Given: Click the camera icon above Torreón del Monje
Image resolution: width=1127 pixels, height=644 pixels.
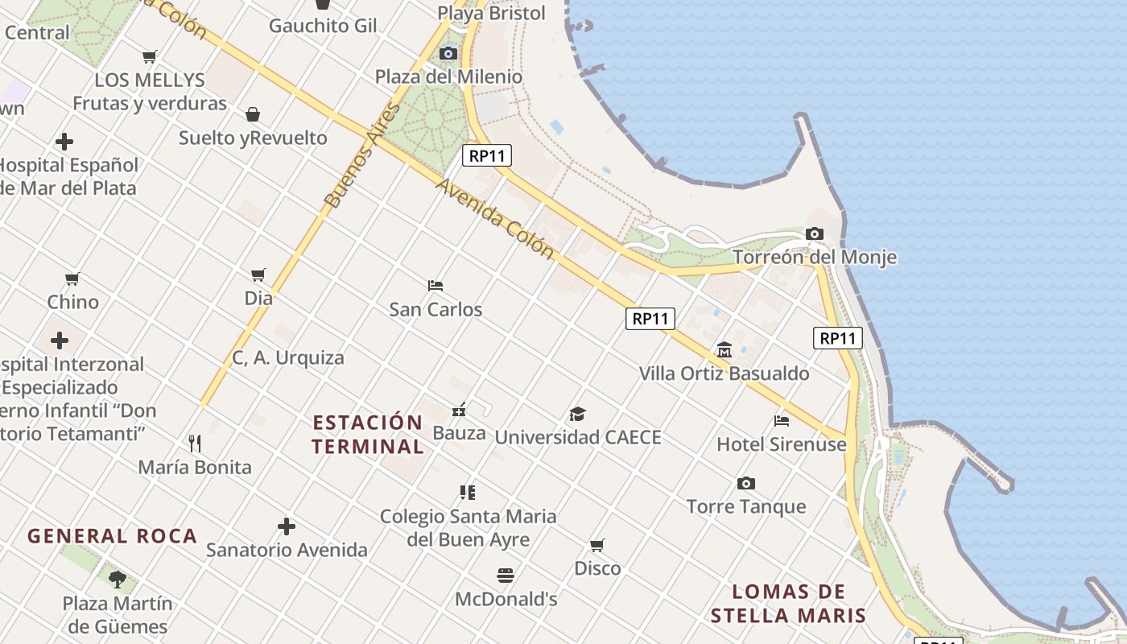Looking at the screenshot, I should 815,234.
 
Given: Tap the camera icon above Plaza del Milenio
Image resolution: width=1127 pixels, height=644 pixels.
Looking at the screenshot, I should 448,54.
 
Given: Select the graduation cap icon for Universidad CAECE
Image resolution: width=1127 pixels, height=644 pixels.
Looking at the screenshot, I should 577,415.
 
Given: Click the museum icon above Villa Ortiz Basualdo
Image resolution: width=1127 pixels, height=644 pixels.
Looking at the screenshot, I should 724,350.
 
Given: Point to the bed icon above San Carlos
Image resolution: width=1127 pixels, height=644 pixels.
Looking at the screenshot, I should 436,286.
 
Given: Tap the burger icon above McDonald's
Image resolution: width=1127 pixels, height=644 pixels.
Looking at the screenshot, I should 506,576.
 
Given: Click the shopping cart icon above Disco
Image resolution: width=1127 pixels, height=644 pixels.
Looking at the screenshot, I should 597,546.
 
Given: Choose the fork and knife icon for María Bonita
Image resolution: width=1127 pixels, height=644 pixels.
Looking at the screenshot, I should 194,444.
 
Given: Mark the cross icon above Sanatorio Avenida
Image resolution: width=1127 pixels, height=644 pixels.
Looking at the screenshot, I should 287,527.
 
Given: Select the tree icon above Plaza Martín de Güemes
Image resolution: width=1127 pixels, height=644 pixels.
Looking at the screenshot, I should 118,579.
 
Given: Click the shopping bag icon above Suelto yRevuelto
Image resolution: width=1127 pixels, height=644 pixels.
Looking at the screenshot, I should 253,114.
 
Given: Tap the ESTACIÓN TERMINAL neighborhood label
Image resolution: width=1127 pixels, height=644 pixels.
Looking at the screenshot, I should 368,434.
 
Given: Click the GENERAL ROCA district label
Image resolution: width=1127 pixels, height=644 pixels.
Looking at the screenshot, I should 113,536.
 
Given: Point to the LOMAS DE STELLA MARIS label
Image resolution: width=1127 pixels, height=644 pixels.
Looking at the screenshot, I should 788,604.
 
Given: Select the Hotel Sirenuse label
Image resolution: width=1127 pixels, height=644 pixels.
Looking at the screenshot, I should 782,444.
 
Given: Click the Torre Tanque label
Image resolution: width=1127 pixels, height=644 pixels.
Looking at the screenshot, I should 746,506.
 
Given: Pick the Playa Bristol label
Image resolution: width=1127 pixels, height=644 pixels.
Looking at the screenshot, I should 492,13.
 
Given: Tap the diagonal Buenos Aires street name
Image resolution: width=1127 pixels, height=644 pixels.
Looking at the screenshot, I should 361,155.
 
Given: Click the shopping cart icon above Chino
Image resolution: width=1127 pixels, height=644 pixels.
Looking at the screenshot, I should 72,279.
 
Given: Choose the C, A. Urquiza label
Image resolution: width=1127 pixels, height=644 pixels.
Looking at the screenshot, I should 288,358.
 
